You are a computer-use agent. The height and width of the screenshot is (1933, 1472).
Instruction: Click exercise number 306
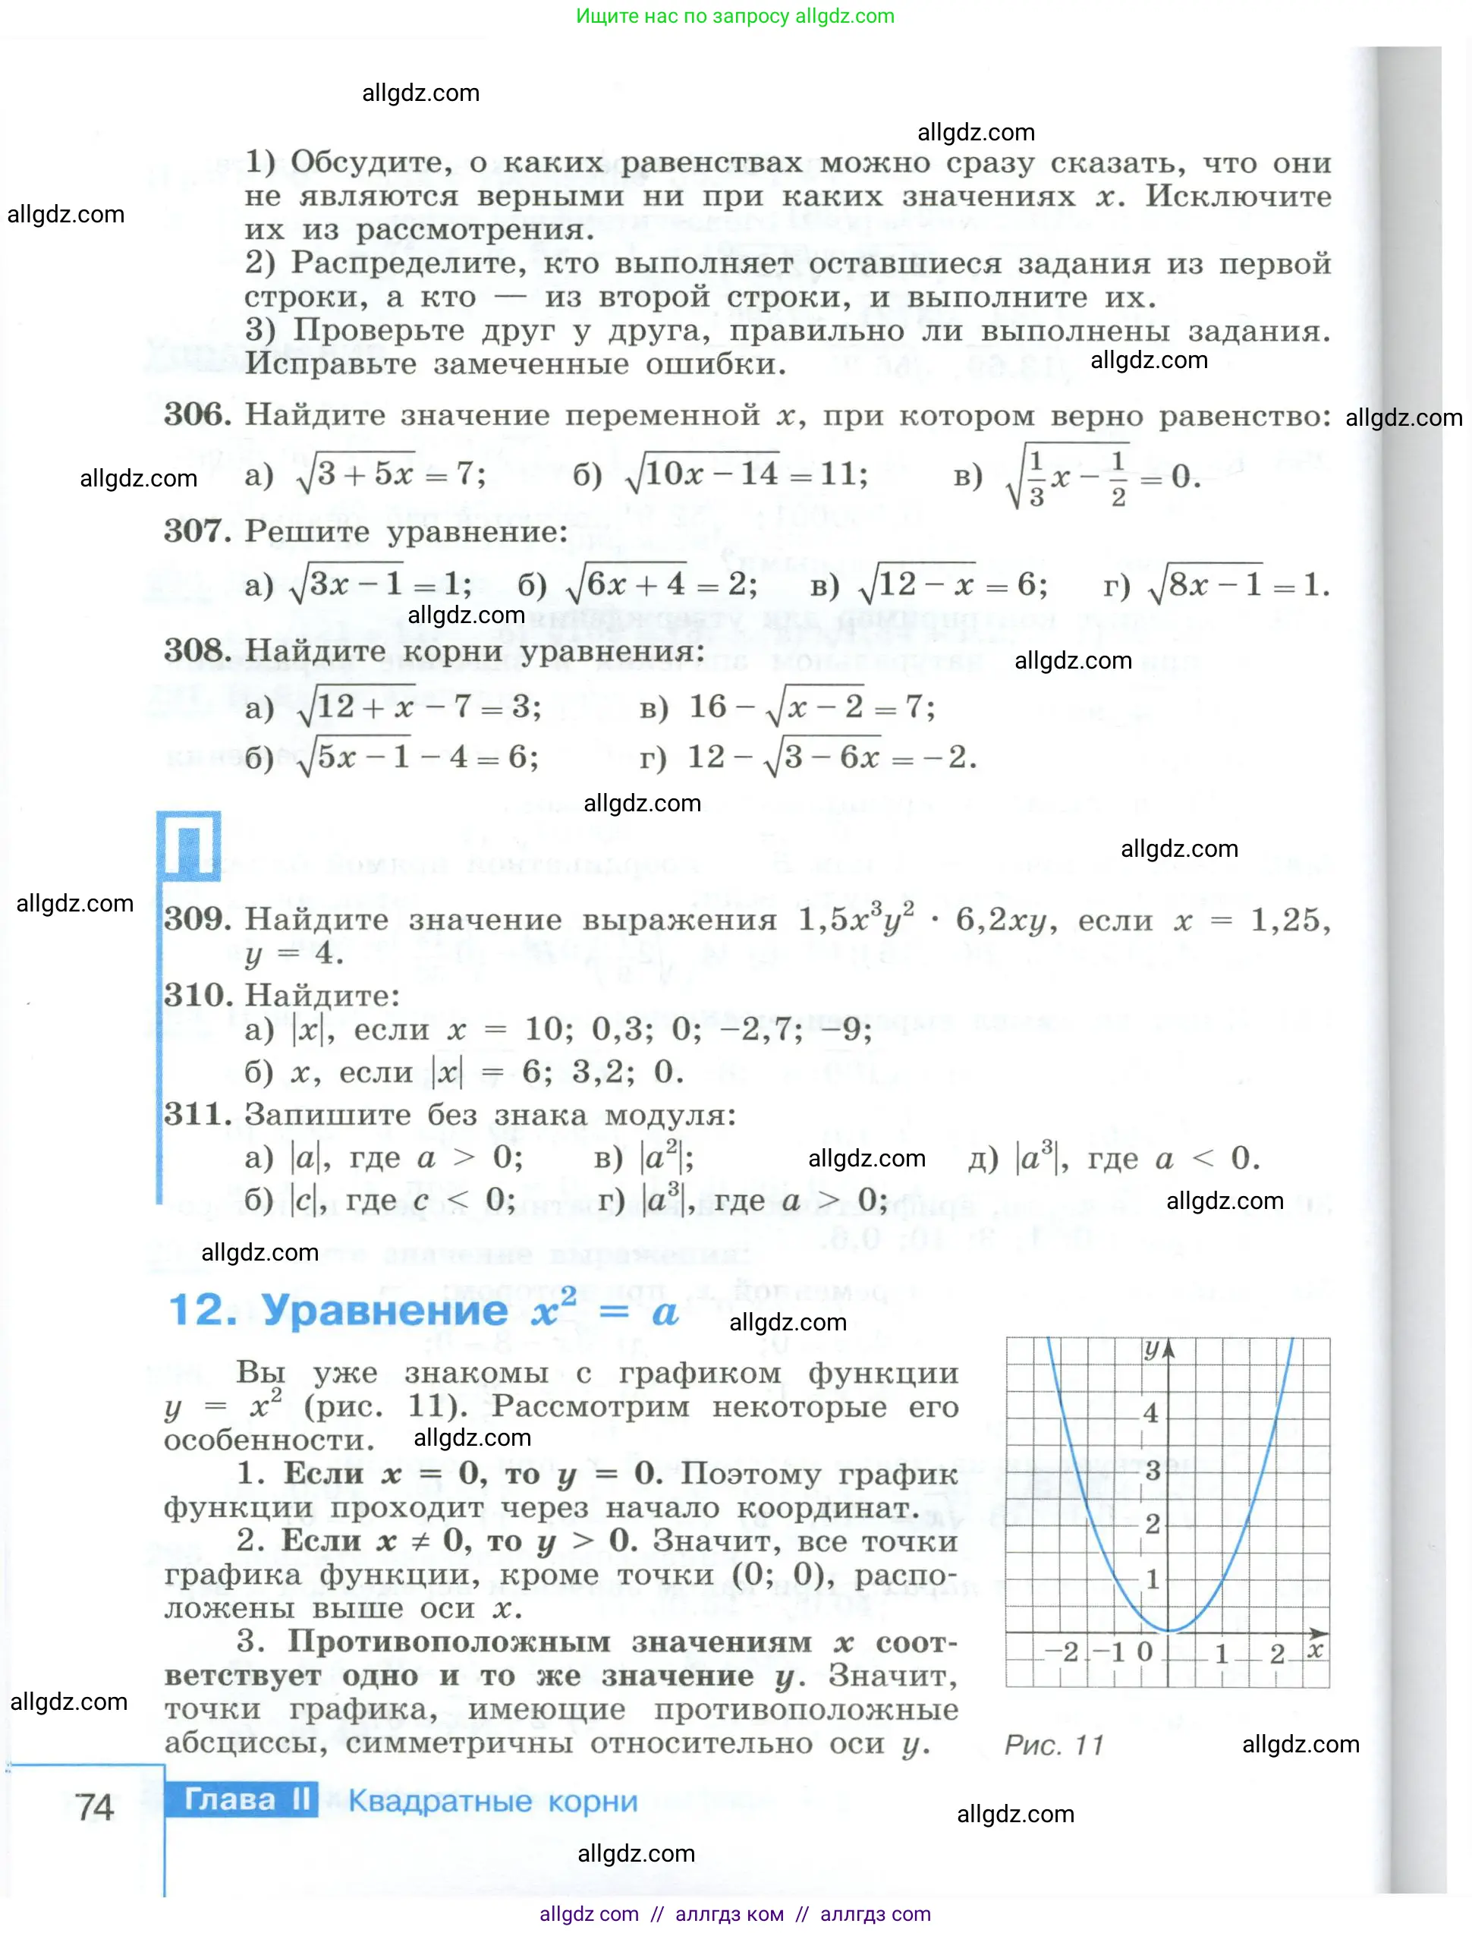pos(197,414)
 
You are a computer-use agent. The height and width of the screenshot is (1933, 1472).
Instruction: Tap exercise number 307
pos(197,531)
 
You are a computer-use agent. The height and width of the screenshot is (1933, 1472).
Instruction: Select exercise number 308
pos(197,650)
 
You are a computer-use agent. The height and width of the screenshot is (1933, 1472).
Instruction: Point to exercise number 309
pos(197,919)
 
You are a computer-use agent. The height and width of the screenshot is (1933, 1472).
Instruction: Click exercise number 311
pos(197,1115)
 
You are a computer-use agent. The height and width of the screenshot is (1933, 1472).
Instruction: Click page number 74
pos(95,1807)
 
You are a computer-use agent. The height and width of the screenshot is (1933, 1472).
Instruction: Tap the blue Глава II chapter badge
pos(242,1800)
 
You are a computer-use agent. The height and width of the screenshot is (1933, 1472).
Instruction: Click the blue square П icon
pos(188,845)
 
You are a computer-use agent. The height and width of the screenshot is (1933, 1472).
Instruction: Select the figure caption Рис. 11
pos(1053,1745)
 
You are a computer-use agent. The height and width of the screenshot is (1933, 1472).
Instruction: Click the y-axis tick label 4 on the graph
pos(1150,1412)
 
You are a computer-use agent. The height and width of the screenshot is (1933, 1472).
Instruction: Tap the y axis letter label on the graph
pos(1153,1349)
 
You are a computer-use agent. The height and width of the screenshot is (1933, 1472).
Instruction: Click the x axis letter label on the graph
pos(1314,1650)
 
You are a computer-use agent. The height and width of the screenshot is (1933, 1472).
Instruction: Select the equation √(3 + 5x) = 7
pos(391,475)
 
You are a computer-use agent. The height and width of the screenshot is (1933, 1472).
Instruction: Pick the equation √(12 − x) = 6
pos(951,584)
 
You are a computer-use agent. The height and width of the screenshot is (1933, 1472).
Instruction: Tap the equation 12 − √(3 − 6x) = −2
pos(832,757)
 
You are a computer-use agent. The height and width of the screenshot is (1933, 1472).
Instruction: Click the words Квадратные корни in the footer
pos(492,1802)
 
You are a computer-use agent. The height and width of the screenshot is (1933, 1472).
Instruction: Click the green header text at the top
pos(735,16)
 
